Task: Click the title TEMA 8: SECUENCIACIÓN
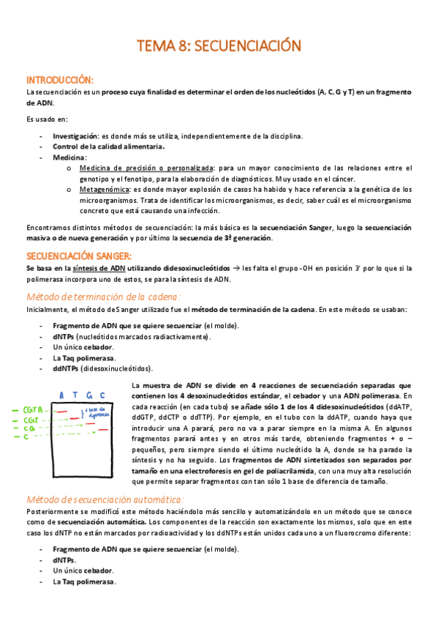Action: pos(219,45)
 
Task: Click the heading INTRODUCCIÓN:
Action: pos(59,79)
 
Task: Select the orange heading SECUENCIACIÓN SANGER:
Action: pos(78,256)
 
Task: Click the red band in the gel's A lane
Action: pos(62,412)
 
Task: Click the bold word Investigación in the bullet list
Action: pos(75,136)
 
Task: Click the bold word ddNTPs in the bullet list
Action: pos(67,370)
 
